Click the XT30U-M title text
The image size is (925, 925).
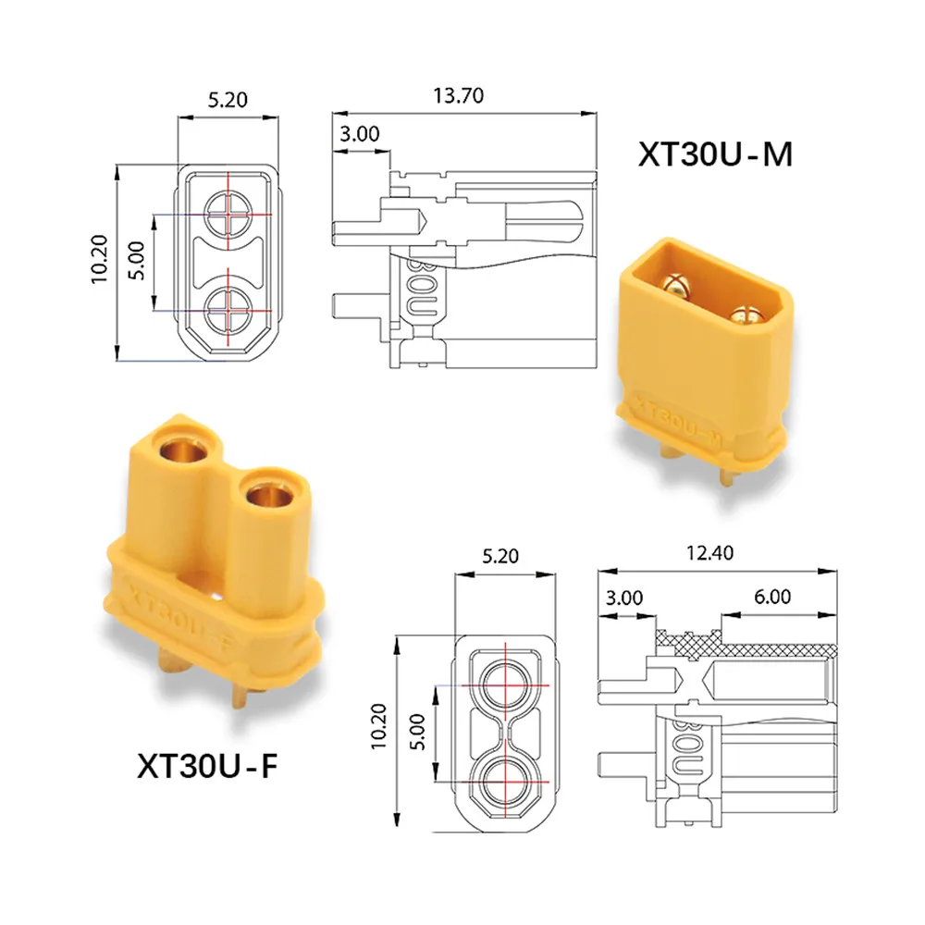715,154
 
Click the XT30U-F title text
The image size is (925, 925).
207,766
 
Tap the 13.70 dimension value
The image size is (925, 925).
459,95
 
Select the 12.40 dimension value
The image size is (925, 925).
709,553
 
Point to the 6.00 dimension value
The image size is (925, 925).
772,597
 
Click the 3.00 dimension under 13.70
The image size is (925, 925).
359,134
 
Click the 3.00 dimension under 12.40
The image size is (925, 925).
624,598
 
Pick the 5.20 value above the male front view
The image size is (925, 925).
228,100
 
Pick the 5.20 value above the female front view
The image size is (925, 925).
500,556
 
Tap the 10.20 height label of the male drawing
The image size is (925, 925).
99,260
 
